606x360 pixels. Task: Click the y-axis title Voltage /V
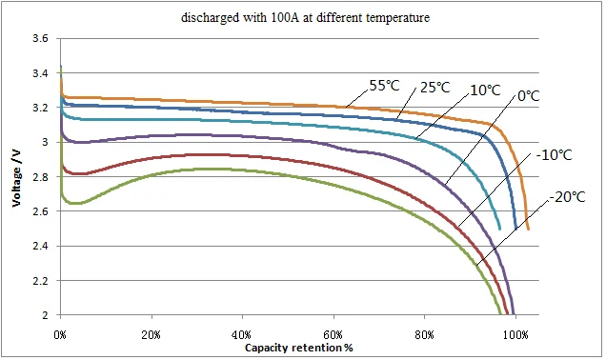tap(16, 177)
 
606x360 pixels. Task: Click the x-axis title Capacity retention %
tap(298, 347)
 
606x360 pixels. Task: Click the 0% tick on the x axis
tap(60, 335)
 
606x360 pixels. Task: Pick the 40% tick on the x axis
tap(242, 335)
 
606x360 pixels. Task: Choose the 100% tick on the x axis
tap(515, 335)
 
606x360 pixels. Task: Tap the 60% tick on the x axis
tap(333, 335)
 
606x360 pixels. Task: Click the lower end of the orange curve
tap(528, 229)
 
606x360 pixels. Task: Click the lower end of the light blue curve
tap(500, 229)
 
